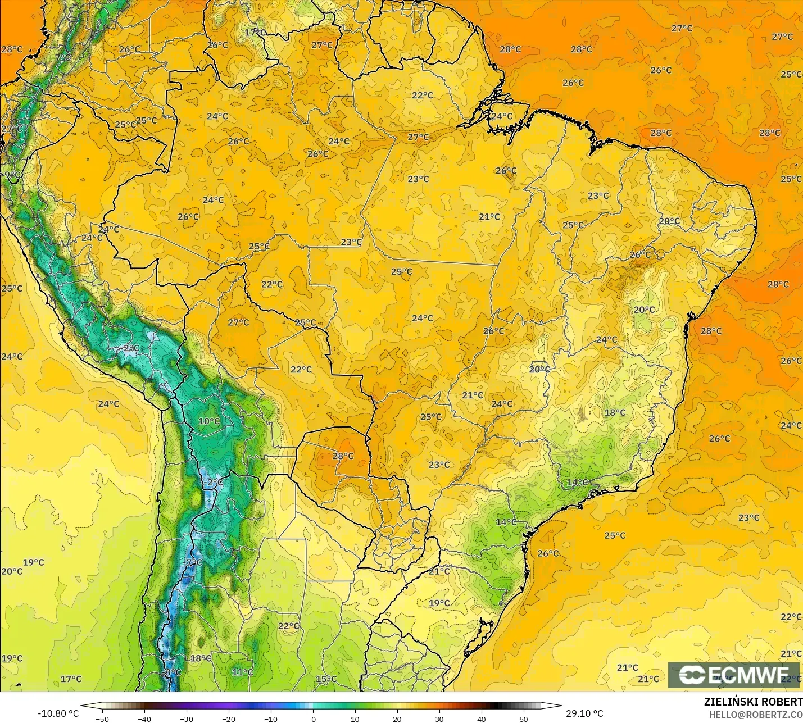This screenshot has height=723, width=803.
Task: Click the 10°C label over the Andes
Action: (209, 421)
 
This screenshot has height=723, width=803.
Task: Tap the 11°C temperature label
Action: (243, 672)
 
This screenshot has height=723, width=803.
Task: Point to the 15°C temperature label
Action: (326, 679)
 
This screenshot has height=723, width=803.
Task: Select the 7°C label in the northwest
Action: (63, 58)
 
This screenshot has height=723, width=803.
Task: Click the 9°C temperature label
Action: (12, 175)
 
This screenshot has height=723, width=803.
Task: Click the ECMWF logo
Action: (733, 675)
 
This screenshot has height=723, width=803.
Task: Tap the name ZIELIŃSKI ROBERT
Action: (753, 702)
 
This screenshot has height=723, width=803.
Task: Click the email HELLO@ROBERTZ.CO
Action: (755, 715)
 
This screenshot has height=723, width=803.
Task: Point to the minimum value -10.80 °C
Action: (58, 713)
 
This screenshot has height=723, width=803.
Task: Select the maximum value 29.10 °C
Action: (584, 713)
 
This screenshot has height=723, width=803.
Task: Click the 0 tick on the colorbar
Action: (313, 719)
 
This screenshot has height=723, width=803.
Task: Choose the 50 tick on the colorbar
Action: (524, 719)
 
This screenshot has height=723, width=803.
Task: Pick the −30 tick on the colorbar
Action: (187, 719)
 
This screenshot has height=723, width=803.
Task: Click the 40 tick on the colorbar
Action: (482, 719)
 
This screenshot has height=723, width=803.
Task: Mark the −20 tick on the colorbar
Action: (229, 719)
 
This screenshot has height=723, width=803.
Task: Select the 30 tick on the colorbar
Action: (439, 719)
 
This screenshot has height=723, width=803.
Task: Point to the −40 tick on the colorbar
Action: (144, 719)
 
